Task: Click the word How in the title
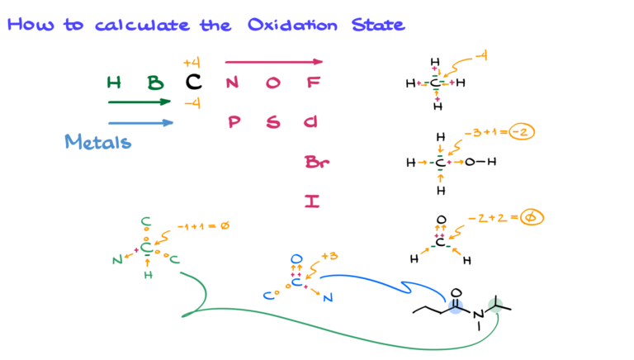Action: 31,25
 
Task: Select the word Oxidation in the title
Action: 292,25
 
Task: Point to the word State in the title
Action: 378,25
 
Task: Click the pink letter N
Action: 232,83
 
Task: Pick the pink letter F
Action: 313,83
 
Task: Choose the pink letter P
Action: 234,122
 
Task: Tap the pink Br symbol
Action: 316,163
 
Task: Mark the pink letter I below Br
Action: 311,201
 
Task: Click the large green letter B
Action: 154,83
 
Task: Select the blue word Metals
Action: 97,142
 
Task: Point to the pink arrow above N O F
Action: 273,61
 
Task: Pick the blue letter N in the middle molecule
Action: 328,297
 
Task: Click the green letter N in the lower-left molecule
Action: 117,260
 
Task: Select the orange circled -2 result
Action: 522,131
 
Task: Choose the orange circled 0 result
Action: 532,217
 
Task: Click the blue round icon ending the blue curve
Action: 455,306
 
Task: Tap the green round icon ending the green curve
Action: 495,305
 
